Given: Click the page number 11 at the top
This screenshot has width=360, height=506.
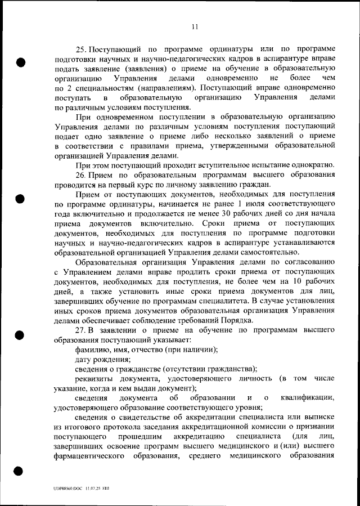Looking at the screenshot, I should (x=195, y=26).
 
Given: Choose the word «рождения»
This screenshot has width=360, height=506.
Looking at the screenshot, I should (x=112, y=359).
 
